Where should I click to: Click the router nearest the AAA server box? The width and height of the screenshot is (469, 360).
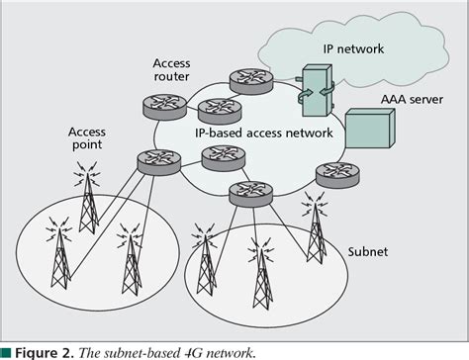pos(329,173)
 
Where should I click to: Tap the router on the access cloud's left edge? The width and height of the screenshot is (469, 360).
pos(155,160)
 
